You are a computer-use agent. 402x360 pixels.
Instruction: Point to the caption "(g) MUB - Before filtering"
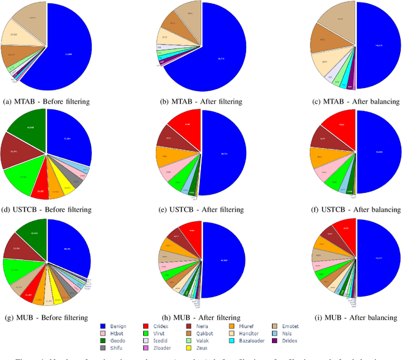45,317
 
